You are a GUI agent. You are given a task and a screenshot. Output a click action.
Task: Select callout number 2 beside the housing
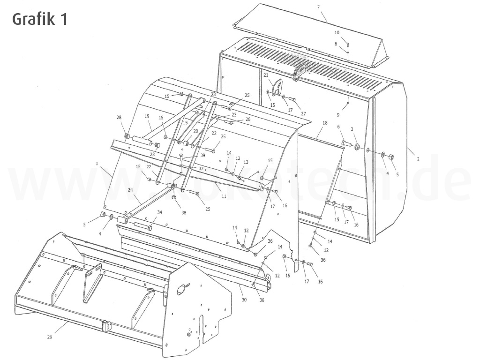tap(418, 159)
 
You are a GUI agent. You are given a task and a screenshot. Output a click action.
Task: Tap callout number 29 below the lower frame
tap(50, 337)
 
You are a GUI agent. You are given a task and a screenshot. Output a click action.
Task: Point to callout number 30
tap(244, 300)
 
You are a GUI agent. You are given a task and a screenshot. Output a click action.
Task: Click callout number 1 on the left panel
tap(97, 164)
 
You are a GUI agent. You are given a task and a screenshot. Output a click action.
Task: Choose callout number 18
tap(325, 122)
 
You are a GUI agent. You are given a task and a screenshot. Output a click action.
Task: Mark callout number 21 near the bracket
tap(265, 75)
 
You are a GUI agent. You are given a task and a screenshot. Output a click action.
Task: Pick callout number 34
tap(160, 212)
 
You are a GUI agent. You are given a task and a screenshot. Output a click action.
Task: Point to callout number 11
tap(224, 196)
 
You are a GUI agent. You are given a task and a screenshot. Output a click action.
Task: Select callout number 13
tap(246, 162)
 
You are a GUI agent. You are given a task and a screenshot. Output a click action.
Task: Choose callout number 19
tap(147, 116)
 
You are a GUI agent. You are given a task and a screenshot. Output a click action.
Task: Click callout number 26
tap(247, 119)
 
